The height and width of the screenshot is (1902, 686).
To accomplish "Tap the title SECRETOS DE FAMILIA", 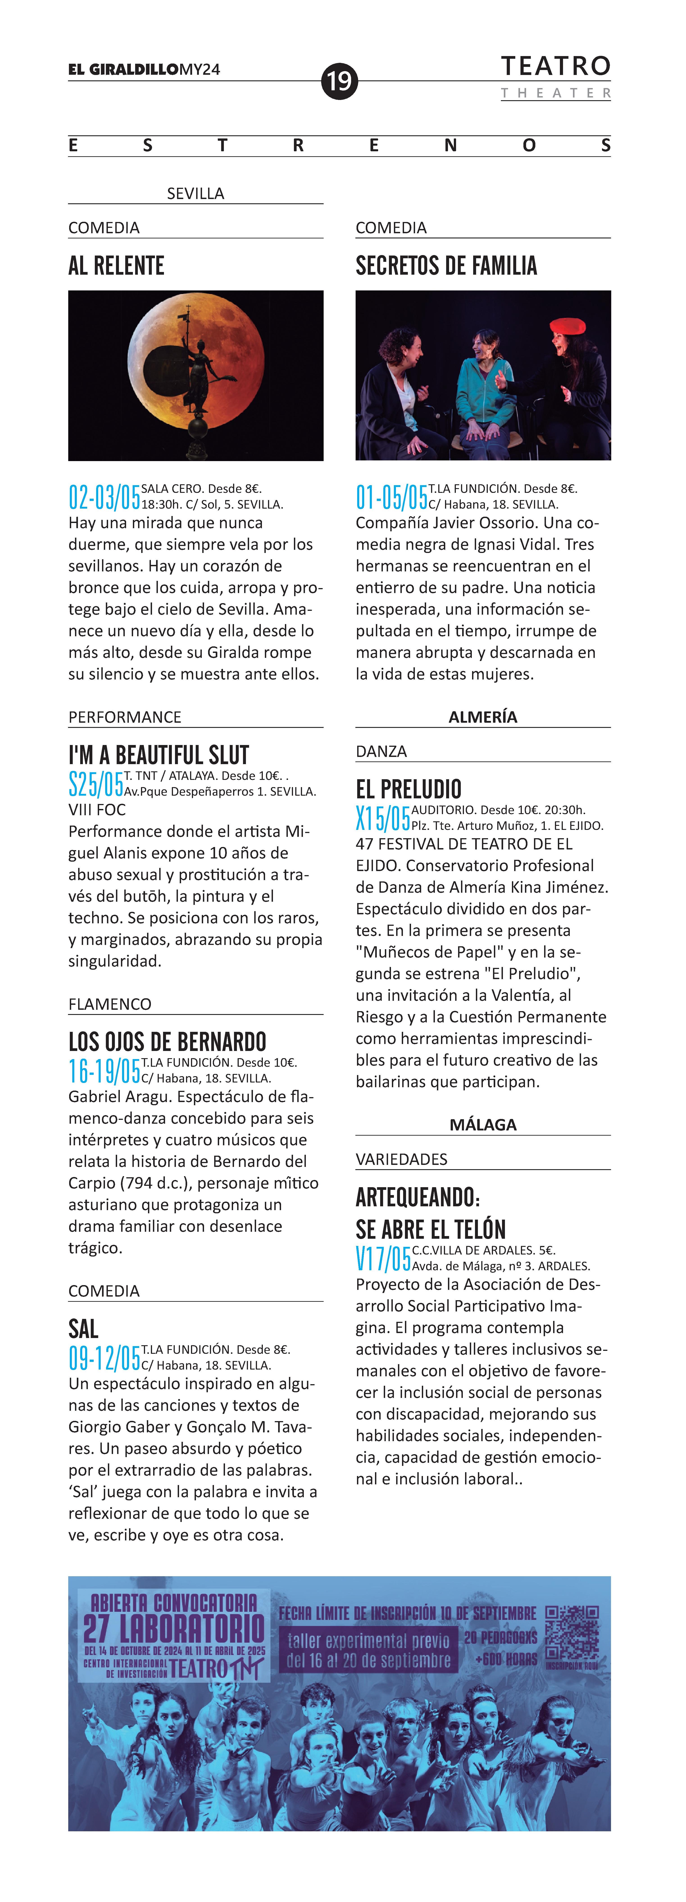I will [446, 266].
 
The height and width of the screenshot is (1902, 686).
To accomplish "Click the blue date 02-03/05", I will [104, 497].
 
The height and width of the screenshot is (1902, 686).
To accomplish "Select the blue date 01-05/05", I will [391, 497].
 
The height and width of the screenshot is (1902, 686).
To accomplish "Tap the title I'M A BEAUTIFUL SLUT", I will [159, 755].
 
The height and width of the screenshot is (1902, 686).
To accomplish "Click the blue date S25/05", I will [96, 783].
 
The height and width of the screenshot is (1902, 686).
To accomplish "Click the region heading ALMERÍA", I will [483, 717].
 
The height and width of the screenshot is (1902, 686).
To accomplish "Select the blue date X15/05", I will [382, 818].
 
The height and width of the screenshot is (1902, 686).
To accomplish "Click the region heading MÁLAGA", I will [483, 1125].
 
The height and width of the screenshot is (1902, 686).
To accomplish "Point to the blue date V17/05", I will [382, 1258].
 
